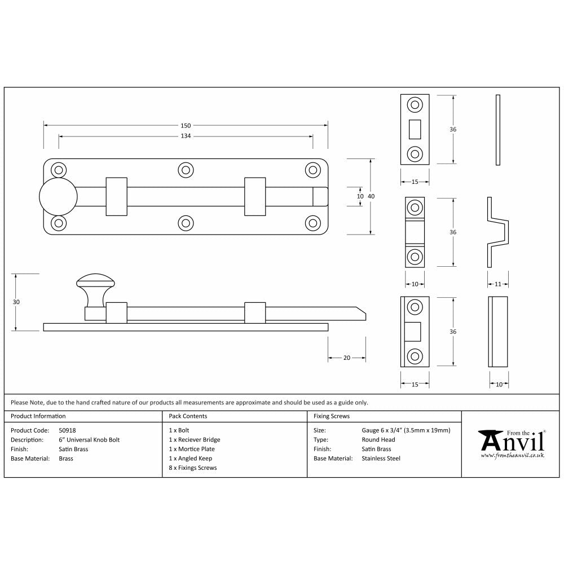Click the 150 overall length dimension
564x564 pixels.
coord(186,125)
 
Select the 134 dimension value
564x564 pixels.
coord(186,136)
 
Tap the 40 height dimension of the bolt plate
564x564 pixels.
coord(371,196)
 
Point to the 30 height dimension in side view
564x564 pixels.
coord(16,302)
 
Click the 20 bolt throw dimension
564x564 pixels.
coord(347,358)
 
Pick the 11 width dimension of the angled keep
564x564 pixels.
coord(497,284)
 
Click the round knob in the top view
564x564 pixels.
coord(58,196)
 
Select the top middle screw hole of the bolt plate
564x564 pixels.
coord(186,170)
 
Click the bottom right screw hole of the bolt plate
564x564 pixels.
coord(312,222)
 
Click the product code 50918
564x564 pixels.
coord(67,430)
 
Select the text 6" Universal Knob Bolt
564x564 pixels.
coord(89,440)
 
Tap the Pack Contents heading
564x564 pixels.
coord(188,416)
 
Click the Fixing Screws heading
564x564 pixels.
coord(332,416)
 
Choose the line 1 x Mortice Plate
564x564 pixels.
coord(192,449)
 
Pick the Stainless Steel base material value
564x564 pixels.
coord(381,459)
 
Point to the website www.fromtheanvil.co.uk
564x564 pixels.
coord(512,455)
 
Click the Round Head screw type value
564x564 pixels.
coord(378,440)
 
